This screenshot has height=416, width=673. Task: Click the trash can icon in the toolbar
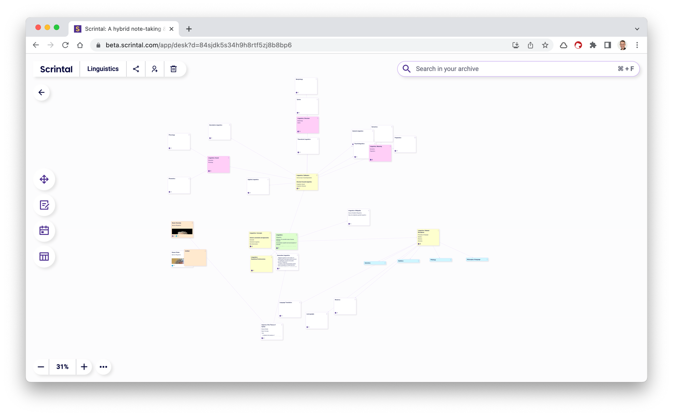click(x=173, y=69)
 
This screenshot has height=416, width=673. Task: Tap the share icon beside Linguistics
click(x=136, y=69)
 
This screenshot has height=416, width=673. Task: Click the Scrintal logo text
click(x=56, y=69)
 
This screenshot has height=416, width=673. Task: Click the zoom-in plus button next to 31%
click(x=84, y=367)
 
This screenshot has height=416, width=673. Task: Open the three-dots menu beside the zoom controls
click(x=103, y=367)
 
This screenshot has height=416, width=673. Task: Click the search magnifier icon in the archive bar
click(x=406, y=69)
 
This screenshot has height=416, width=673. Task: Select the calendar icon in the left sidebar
click(x=44, y=231)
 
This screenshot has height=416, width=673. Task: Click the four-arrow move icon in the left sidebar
click(x=44, y=179)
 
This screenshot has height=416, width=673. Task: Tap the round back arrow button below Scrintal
click(x=42, y=93)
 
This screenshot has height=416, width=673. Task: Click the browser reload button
click(x=65, y=45)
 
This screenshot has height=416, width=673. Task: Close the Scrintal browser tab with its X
click(x=171, y=29)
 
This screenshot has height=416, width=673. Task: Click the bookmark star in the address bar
click(x=545, y=45)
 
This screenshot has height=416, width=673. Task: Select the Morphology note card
click(x=306, y=86)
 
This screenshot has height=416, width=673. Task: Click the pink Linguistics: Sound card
click(x=218, y=164)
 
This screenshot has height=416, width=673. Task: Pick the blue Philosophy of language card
click(x=477, y=259)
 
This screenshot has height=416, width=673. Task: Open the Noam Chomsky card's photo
click(x=182, y=232)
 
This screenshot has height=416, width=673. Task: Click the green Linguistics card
click(x=286, y=241)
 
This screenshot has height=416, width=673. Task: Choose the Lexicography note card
click(x=317, y=320)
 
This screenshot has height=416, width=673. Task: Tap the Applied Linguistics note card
click(x=258, y=186)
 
